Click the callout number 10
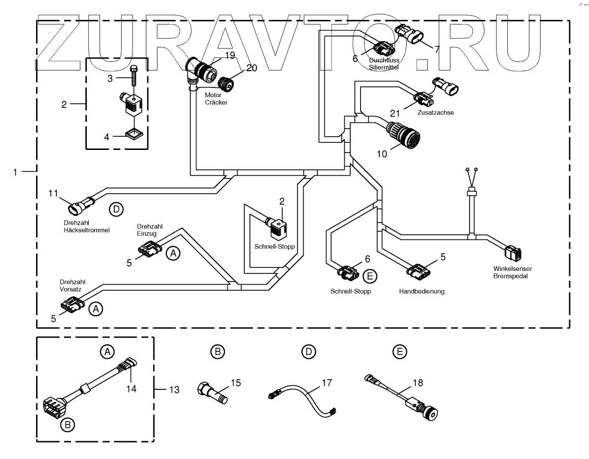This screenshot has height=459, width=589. [382, 152]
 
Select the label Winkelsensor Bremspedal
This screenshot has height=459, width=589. [511, 272]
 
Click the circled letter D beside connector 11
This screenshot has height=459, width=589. [116, 208]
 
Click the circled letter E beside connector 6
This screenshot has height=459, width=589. [370, 276]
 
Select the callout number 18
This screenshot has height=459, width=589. [417, 382]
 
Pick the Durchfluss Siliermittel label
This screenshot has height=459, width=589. [384, 63]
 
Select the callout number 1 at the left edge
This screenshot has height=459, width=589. [17, 172]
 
